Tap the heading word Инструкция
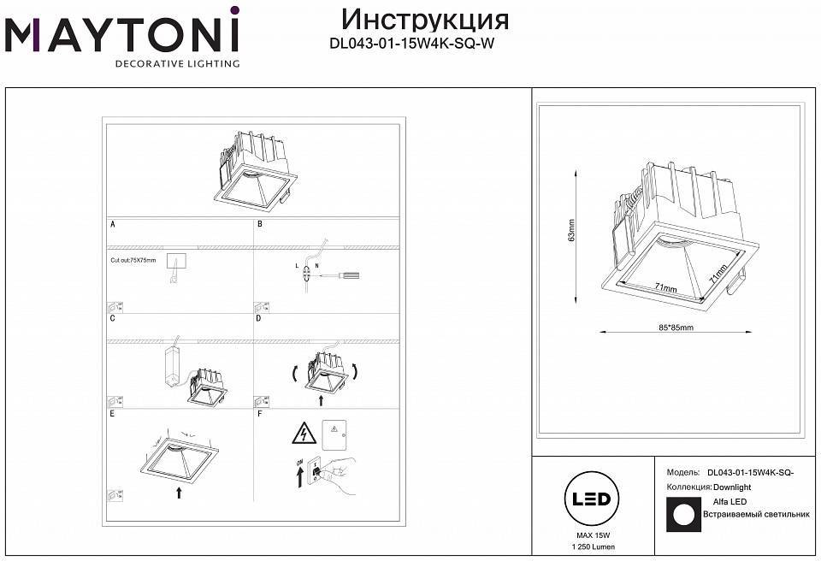(424, 20)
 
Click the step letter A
(112, 224)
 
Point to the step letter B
(259, 224)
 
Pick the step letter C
(112, 318)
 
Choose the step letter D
(258, 318)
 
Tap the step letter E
(112, 413)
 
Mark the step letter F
(258, 413)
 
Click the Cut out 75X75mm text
(133, 259)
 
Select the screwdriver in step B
(342, 276)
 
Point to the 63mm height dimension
(571, 229)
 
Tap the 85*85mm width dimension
(676, 328)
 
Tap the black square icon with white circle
(682, 514)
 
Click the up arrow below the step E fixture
(179, 492)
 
